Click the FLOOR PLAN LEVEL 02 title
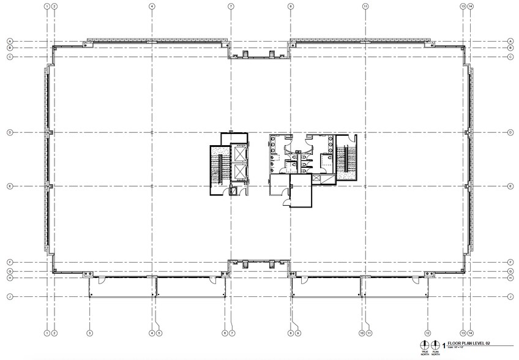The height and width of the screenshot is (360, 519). [469, 345]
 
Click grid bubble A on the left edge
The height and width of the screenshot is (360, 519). [10, 42]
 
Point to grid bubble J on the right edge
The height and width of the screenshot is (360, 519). [510, 296]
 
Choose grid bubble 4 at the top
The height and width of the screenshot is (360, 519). [151, 6]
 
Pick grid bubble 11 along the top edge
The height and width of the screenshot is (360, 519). [365, 6]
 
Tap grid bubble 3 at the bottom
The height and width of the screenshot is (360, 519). [89, 332]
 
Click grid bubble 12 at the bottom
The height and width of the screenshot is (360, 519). [428, 332]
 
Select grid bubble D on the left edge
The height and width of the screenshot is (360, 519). [10, 132]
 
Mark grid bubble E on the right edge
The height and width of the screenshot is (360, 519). [510, 186]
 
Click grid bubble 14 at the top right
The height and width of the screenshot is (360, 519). [471, 6]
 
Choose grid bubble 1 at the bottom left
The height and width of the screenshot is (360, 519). [47, 332]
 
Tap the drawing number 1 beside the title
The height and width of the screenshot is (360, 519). [444, 345]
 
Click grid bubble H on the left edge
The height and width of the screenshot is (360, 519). [10, 278]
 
